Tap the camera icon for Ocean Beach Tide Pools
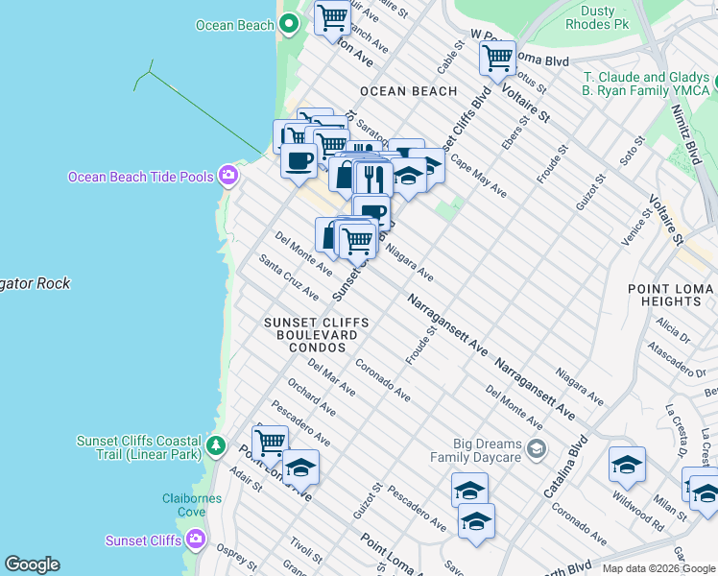pos(228,176)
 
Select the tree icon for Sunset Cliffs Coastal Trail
pos(217,446)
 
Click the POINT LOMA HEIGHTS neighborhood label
pos(670,295)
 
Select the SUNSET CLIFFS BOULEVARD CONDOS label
pos(310,335)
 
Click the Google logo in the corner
pos(32,564)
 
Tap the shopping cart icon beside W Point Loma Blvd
pos(497,58)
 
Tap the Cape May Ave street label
pos(478,177)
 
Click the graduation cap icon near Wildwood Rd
pos(627,465)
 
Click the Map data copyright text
pos(658,568)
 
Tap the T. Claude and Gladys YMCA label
pos(645,84)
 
